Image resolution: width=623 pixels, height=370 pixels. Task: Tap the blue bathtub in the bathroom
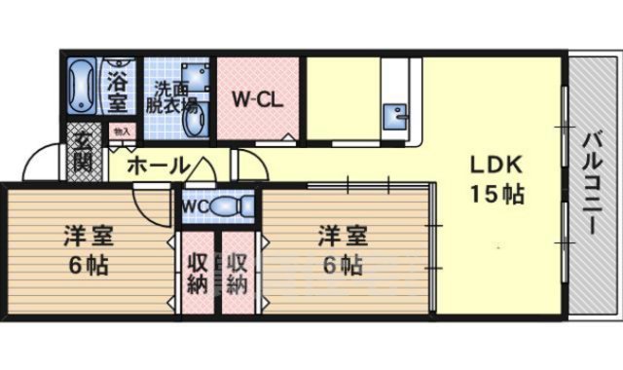click(81, 87)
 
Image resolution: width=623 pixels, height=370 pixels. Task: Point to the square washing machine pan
click(196, 76)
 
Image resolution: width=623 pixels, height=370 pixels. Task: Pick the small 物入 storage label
click(122, 130)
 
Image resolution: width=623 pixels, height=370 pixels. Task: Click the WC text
click(192, 206)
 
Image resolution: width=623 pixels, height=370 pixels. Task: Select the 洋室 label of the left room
click(87, 236)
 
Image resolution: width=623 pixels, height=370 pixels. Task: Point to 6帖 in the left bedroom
click(87, 265)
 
